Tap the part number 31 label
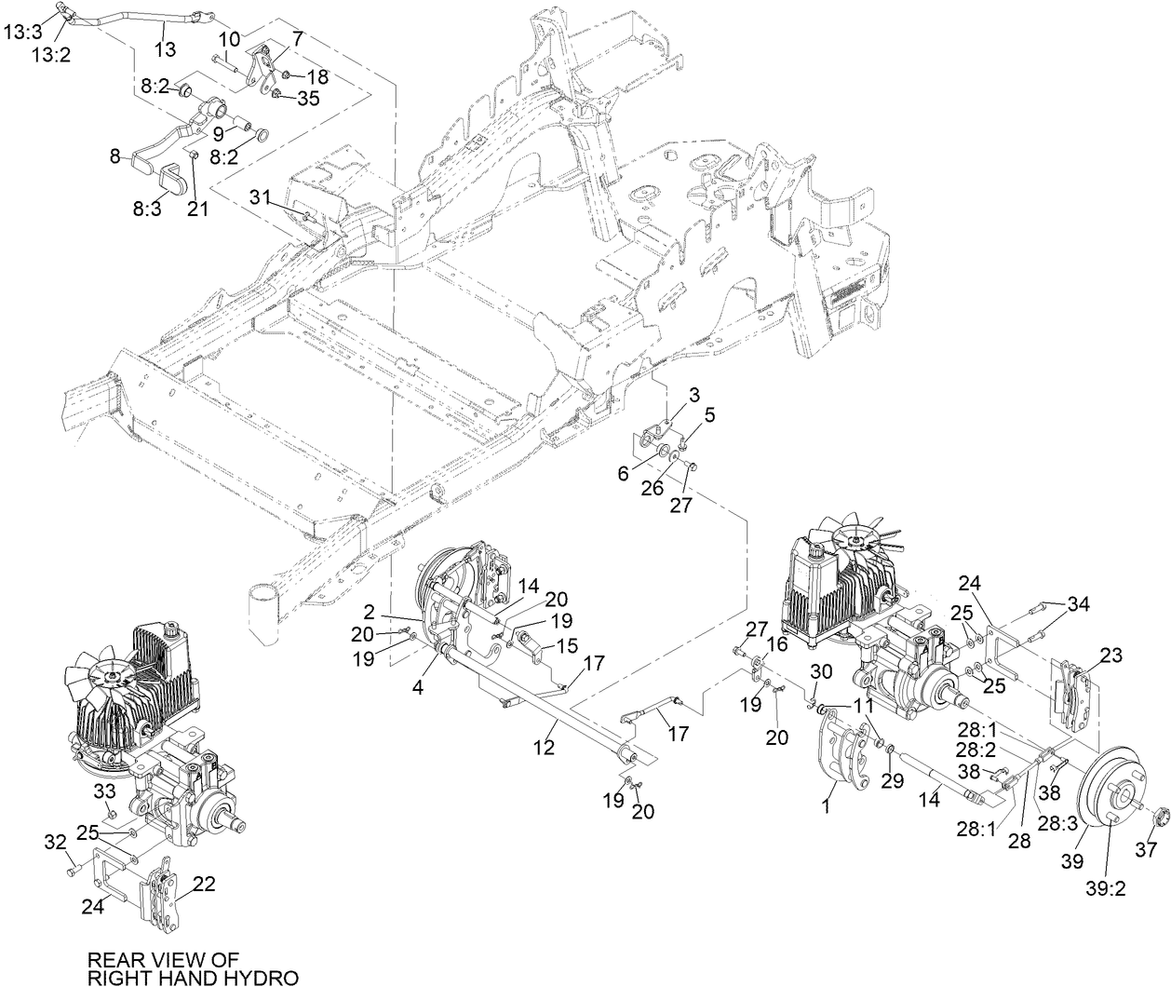point(260,197)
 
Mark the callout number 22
point(205,884)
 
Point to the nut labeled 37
point(1160,818)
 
